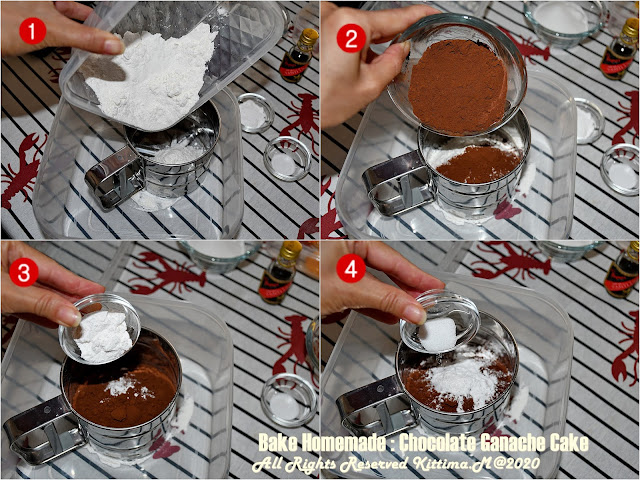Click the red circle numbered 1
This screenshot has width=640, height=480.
32,31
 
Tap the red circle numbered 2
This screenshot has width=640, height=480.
351,38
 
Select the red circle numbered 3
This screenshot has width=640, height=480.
23,272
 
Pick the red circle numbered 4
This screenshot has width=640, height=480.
351,270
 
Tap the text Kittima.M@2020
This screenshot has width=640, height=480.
476,464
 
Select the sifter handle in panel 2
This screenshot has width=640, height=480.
397,182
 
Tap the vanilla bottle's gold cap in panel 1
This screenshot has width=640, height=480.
309,38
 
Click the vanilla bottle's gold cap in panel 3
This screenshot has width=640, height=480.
291,250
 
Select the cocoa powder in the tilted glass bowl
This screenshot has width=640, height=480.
458,87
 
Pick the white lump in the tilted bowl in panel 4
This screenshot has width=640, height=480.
437,334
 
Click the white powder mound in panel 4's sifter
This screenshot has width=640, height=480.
460,382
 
